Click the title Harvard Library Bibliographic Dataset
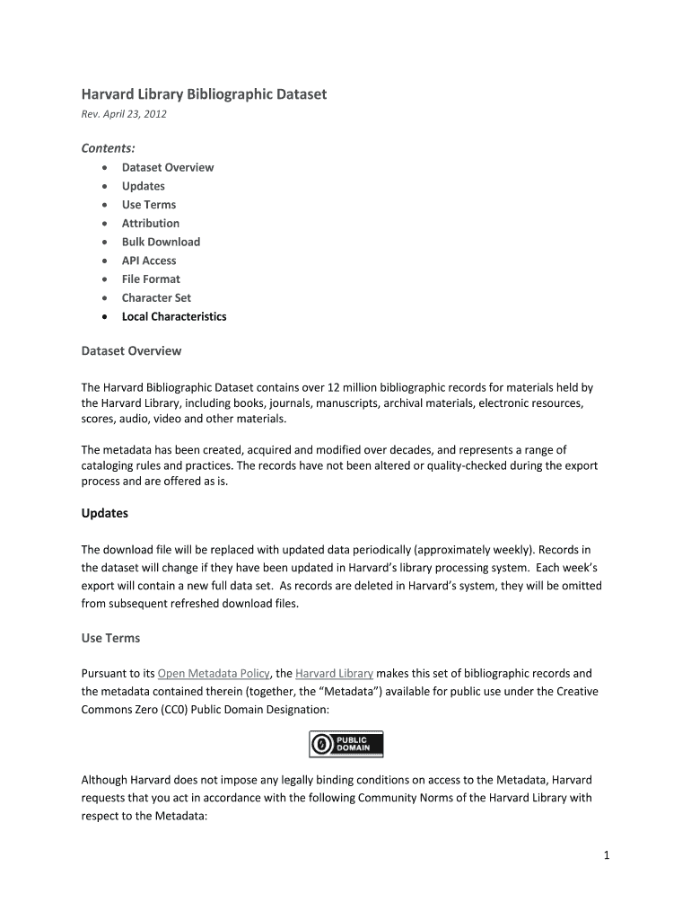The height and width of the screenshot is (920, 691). (204, 94)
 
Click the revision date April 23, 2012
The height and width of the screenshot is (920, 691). (124, 114)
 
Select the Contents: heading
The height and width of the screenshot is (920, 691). (109, 147)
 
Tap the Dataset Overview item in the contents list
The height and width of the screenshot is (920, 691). (168, 167)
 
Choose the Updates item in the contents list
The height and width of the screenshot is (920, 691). (144, 186)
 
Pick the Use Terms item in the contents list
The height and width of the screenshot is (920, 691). (149, 205)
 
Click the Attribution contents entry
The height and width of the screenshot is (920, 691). (151, 223)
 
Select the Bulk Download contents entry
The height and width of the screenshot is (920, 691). (161, 242)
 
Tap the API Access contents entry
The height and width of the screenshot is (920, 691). (149, 261)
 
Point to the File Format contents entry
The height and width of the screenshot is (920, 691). (151, 279)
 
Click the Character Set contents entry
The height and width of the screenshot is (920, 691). (156, 297)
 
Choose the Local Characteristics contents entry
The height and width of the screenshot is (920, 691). (174, 316)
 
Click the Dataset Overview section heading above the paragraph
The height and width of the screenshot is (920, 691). (131, 350)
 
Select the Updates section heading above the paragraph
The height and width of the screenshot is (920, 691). (105, 513)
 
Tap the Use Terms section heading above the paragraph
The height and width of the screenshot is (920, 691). (110, 638)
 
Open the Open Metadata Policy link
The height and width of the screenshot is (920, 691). (214, 673)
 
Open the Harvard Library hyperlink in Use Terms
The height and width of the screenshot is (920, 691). (334, 673)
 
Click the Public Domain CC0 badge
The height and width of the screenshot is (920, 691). (346, 744)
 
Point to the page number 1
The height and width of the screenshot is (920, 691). (607, 855)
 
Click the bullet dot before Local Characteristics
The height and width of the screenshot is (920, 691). (106, 317)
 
